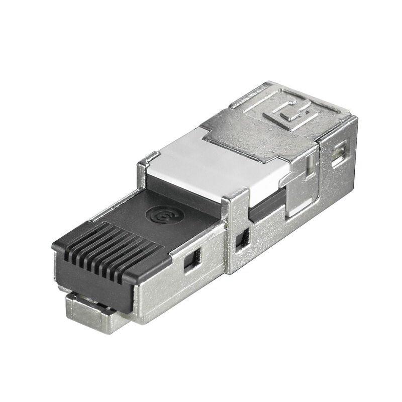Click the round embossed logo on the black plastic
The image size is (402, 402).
156,217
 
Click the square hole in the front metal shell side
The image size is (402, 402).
190,260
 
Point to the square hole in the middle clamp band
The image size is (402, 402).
244,240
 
